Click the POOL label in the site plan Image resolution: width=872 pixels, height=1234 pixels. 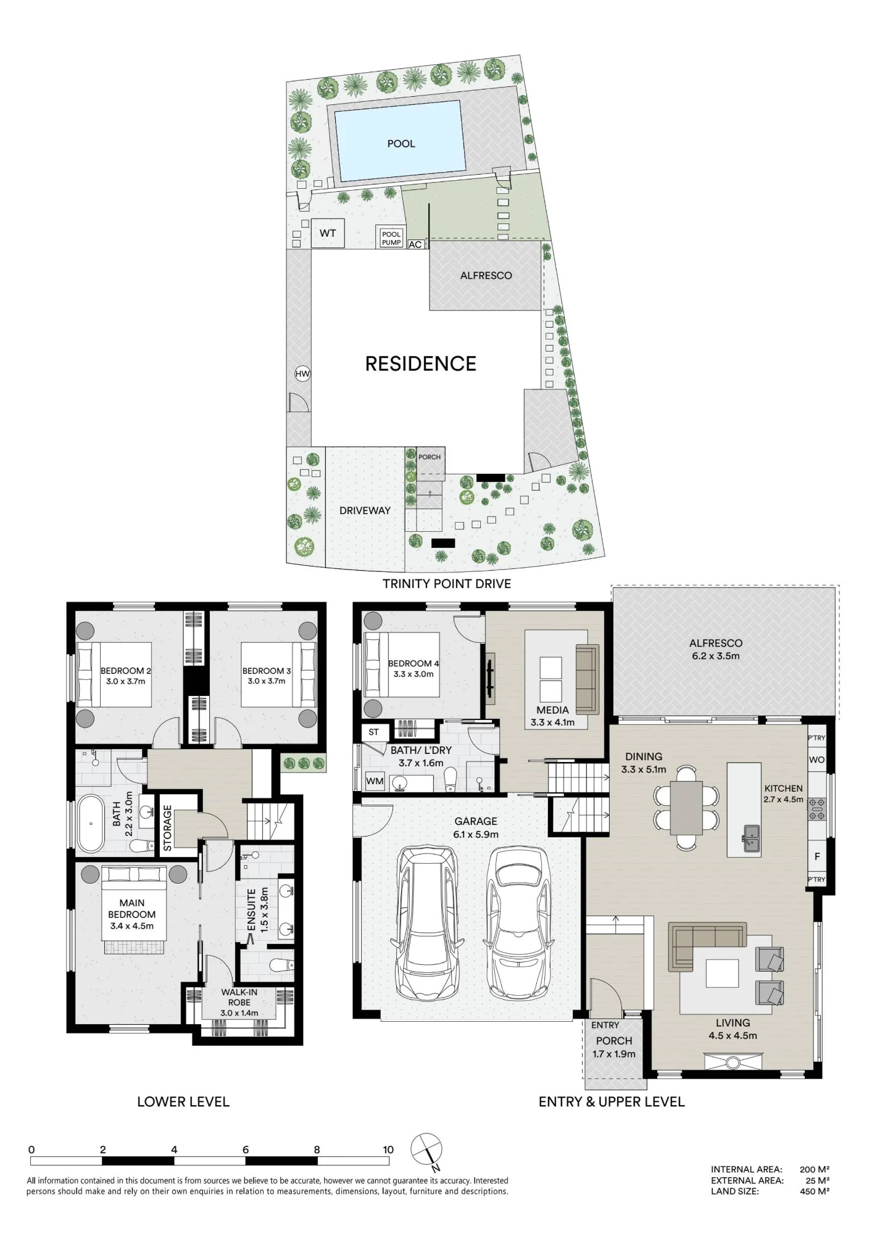401,144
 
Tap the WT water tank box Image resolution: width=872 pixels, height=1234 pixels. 328,233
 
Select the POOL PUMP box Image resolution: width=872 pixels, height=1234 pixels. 391,238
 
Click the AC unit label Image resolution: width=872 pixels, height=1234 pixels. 415,244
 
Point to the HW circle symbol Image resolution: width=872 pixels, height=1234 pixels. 302,374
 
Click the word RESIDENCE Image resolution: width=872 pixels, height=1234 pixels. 421,364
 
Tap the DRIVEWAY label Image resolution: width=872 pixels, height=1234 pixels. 365,511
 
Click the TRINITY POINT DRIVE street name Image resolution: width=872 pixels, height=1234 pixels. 447,584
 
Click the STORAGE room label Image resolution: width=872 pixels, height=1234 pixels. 167,828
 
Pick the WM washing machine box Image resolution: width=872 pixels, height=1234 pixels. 375,781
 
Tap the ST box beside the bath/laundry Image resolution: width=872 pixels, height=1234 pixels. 373,732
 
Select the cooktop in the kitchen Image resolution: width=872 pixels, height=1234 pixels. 816,809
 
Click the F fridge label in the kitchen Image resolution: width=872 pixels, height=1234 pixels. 817,857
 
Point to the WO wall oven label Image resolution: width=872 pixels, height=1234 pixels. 816,760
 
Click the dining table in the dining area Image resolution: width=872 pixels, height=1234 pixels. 687,808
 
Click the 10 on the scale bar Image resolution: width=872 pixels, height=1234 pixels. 388,1149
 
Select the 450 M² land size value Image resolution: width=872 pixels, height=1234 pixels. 815,1191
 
